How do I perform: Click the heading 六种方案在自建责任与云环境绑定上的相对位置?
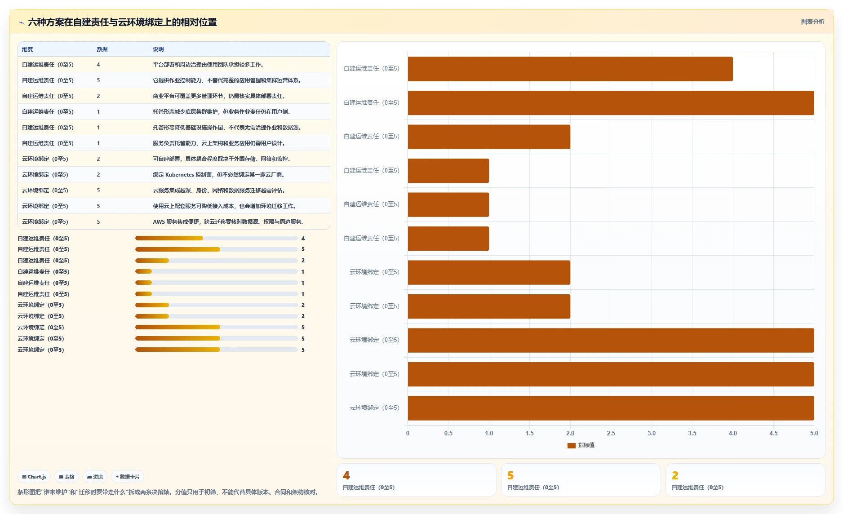click(122, 22)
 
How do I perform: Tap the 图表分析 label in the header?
click(812, 22)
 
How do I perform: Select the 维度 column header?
click(27, 49)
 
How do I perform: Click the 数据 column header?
click(102, 49)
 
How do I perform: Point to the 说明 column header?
click(158, 49)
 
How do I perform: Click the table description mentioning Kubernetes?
click(218, 175)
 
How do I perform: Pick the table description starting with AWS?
click(228, 222)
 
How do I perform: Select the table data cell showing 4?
click(98, 65)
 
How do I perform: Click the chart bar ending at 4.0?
click(570, 69)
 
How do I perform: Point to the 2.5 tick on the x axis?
click(611, 433)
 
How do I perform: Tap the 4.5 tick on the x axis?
click(773, 433)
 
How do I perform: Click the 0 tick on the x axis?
click(408, 433)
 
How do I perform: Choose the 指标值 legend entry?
click(581, 445)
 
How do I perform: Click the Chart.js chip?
click(34, 477)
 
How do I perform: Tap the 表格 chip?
click(67, 477)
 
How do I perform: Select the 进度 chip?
click(95, 477)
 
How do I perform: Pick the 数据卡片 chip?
click(128, 477)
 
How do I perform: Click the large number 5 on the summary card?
click(510, 475)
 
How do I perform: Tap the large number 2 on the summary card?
click(675, 475)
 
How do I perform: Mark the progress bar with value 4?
click(216, 238)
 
